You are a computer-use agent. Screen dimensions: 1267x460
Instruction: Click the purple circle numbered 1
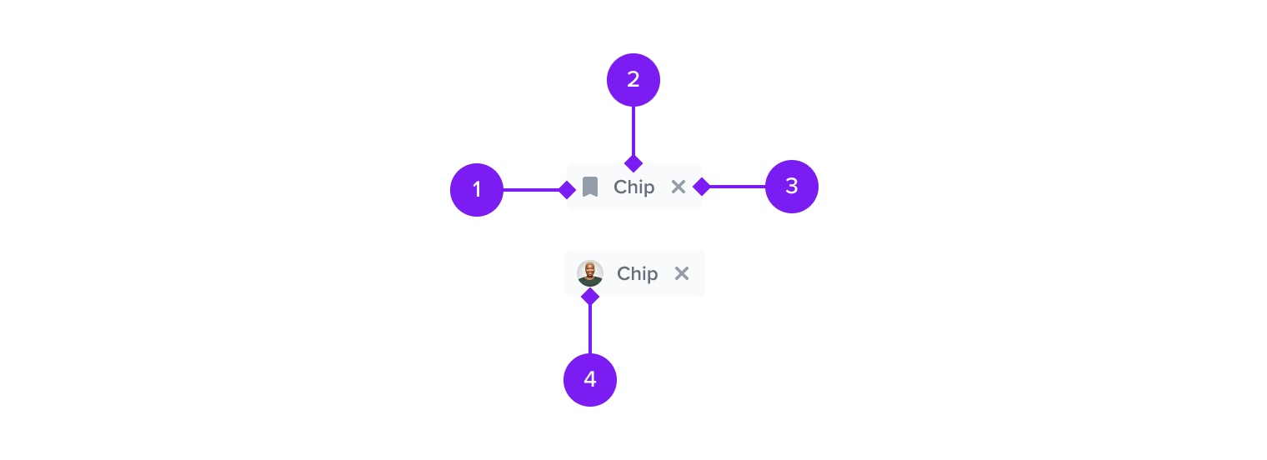pos(477,189)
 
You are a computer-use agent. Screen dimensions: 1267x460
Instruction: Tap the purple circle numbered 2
pos(633,80)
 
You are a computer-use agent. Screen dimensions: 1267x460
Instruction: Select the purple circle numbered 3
pos(792,186)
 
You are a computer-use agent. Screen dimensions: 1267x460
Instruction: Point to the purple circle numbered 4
pos(590,380)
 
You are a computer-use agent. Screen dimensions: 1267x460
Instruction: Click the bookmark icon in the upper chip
pos(590,187)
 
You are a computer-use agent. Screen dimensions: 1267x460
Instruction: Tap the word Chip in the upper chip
pos(634,187)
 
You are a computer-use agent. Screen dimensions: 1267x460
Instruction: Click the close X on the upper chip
pos(679,187)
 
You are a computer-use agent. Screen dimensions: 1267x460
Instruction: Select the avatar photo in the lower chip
pos(590,273)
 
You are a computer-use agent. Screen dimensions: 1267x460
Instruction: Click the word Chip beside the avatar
pos(638,273)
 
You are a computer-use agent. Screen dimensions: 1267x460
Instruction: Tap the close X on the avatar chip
pos(682,273)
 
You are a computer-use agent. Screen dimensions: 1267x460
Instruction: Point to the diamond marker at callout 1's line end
pos(567,189)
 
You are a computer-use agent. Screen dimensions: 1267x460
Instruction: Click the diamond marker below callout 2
pos(633,163)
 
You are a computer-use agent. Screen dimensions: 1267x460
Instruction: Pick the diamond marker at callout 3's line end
pos(701,186)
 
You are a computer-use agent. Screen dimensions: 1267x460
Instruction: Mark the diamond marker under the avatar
pos(590,296)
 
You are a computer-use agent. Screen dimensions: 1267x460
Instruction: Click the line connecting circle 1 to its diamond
pos(530,189)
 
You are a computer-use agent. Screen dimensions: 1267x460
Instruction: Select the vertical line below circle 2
pos(633,131)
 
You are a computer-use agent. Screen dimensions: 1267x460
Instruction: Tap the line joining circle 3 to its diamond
pos(738,186)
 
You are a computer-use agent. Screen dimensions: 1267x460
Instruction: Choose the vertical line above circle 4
pos(590,328)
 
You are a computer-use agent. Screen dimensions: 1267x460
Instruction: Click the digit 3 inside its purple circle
pos(792,186)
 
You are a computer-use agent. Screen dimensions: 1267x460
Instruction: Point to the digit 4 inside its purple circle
pos(590,379)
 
